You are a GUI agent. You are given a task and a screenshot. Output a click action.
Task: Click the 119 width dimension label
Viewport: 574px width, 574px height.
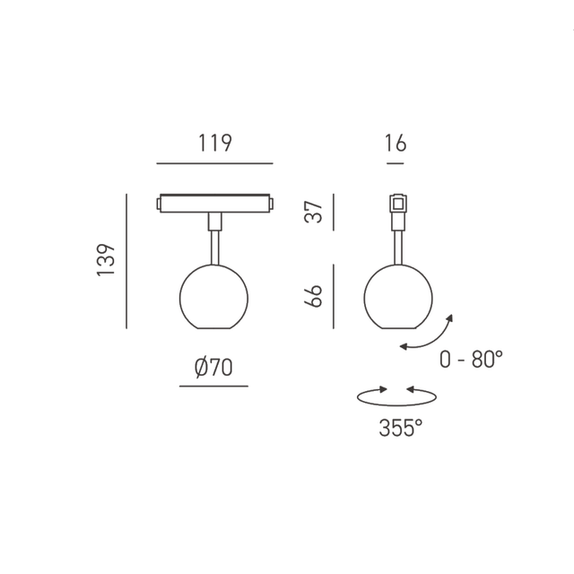tap(214, 143)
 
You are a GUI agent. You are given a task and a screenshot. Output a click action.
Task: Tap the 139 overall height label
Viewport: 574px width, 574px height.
tap(107, 260)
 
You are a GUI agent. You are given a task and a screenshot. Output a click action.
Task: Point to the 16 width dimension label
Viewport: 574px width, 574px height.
tap(396, 143)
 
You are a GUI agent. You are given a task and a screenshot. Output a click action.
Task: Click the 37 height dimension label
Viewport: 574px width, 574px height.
tap(313, 212)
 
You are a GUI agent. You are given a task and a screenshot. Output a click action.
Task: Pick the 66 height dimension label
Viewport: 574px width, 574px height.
tap(313, 295)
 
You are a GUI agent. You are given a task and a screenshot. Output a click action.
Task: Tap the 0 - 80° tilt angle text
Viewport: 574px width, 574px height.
tap(471, 360)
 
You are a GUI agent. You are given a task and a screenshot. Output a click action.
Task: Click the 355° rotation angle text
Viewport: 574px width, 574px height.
tap(400, 429)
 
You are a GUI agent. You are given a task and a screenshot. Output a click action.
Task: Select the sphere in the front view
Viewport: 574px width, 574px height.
tap(213, 297)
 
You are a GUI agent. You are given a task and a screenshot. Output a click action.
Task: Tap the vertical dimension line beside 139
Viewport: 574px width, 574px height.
tap(126, 260)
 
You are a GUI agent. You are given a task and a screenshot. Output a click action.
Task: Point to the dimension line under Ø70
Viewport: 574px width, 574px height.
tap(213, 387)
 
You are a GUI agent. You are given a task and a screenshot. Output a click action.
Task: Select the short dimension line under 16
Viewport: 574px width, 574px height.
tap(396, 163)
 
